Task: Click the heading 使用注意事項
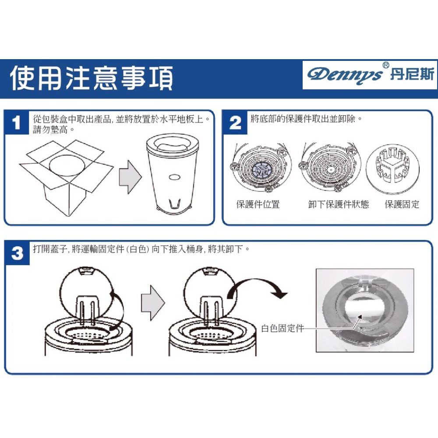pyautogui.click(x=92, y=78)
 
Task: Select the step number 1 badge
pyautogui.click(x=17, y=123)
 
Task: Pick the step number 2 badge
pyautogui.click(x=235, y=123)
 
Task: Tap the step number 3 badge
pyautogui.click(x=17, y=253)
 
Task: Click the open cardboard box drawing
pyautogui.click(x=67, y=178)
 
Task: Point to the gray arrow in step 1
pyautogui.click(x=130, y=177)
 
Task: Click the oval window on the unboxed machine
pyautogui.click(x=174, y=177)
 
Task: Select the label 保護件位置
pyautogui.click(x=258, y=204)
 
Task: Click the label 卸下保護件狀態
pyautogui.click(x=339, y=204)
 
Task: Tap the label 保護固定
pyautogui.click(x=402, y=204)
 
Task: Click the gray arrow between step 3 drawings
pyautogui.click(x=153, y=303)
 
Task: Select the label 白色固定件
pyautogui.click(x=283, y=328)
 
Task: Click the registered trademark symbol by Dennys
pyautogui.click(x=385, y=65)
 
